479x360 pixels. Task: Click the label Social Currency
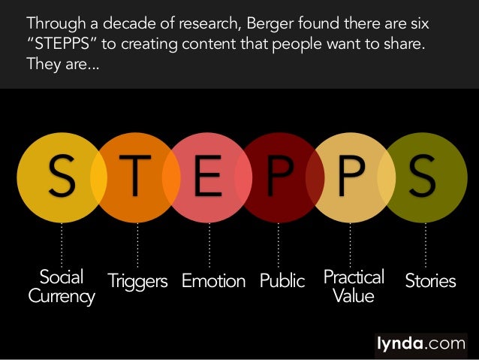point(62,286)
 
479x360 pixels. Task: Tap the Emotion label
point(213,281)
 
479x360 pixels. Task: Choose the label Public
point(282,281)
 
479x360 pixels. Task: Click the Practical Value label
point(353,286)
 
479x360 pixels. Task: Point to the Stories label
point(430,281)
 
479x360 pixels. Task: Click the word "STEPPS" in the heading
point(57,44)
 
